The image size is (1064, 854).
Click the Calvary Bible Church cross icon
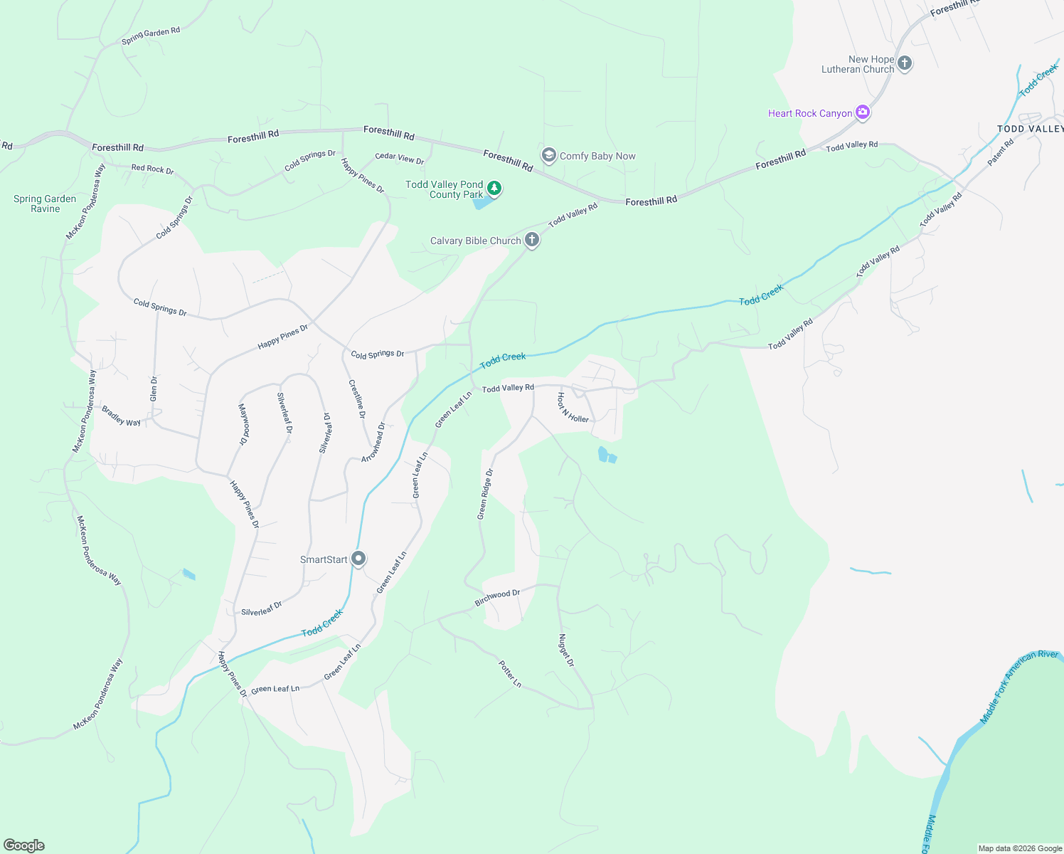tap(532, 240)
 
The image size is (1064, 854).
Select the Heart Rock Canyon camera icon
tap(863, 112)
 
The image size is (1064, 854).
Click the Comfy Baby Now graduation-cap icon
tap(548, 155)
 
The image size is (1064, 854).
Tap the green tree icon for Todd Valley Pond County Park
tap(494, 189)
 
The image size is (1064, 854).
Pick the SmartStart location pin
tap(358, 559)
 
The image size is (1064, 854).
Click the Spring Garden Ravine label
tap(45, 204)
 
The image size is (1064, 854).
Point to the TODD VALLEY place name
tap(1030, 129)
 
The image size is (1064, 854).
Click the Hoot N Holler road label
tap(573, 408)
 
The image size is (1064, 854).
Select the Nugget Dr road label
tap(566, 650)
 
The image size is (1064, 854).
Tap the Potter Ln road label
tap(510, 674)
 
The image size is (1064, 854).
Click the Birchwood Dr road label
tap(497, 597)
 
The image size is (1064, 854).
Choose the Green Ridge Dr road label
tap(485, 494)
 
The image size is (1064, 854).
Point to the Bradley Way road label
tap(121, 416)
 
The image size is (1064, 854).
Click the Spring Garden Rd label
tap(151, 35)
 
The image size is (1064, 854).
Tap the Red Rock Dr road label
tap(152, 169)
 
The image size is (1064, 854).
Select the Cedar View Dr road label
tap(399, 159)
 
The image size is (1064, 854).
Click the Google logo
tap(24, 845)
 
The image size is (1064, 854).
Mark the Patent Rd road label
tap(1001, 152)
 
